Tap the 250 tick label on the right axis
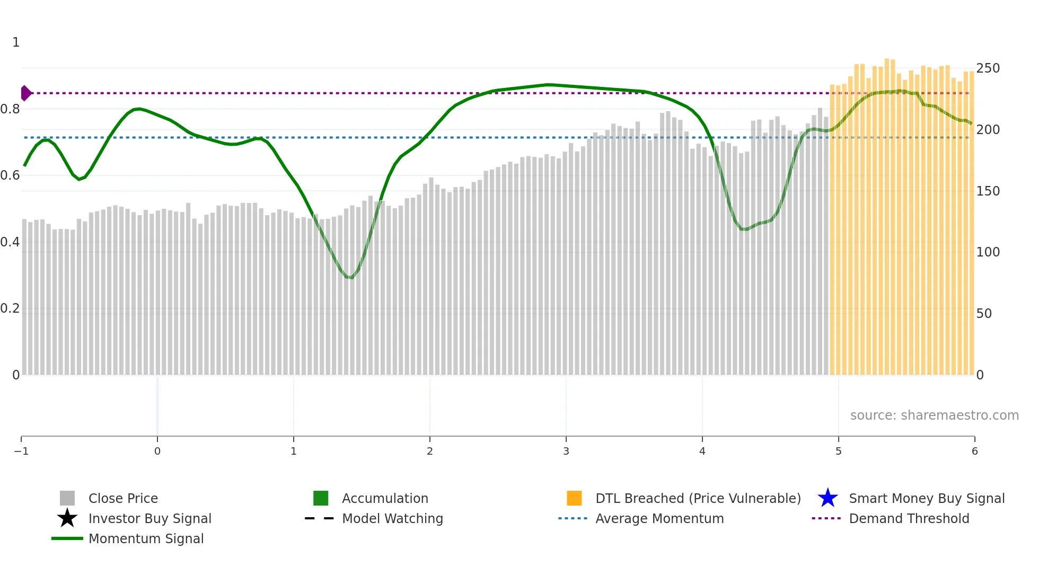pos(988,68)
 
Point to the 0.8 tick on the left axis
pos(10,109)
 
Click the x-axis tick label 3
pos(566,451)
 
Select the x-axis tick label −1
pos(21,451)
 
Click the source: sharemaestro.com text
pos(934,415)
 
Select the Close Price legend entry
pos(123,498)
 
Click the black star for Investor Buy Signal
pos(67,518)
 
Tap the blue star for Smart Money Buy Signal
pos(827,498)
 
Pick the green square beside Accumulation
pos(321,498)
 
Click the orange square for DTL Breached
pos(574,498)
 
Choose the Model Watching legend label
pos(392,518)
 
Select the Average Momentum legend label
pos(659,518)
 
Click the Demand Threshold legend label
pos(909,518)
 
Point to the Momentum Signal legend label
pos(146,538)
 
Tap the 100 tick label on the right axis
pos(988,252)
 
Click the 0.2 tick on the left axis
pos(10,308)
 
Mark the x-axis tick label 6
pos(974,451)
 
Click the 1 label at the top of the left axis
pos(16,42)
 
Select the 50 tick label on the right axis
pos(984,314)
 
